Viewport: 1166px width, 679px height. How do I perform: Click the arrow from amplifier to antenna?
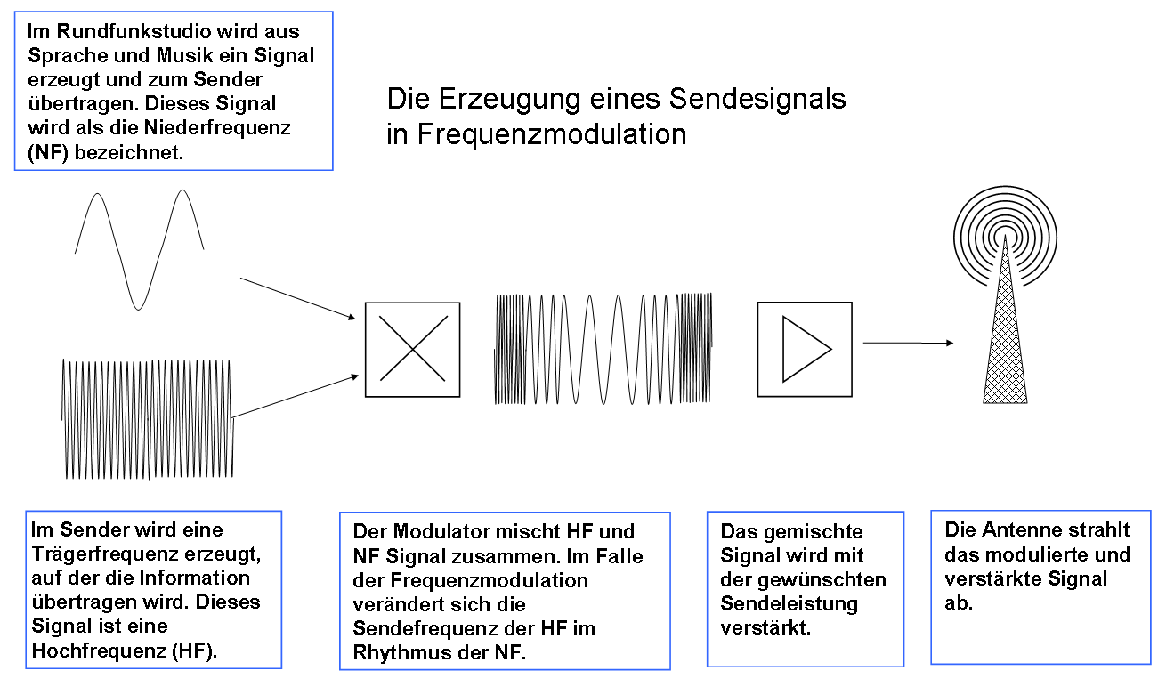[909, 343]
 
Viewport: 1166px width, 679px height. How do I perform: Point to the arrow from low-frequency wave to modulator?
[298, 298]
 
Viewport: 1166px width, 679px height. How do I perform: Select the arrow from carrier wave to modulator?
[296, 396]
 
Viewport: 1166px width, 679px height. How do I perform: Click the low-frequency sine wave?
[140, 250]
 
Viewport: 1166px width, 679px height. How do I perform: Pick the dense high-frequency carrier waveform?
[148, 419]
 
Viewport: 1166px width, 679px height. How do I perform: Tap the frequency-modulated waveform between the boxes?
[603, 349]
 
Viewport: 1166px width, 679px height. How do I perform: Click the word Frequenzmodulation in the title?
[552, 134]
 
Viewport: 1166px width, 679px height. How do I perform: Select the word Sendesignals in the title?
[757, 99]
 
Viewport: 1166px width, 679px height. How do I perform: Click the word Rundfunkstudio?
[134, 31]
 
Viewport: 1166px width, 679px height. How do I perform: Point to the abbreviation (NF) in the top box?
[48, 152]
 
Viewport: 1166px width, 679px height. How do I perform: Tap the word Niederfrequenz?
[217, 127]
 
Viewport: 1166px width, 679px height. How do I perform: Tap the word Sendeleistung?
[789, 603]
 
